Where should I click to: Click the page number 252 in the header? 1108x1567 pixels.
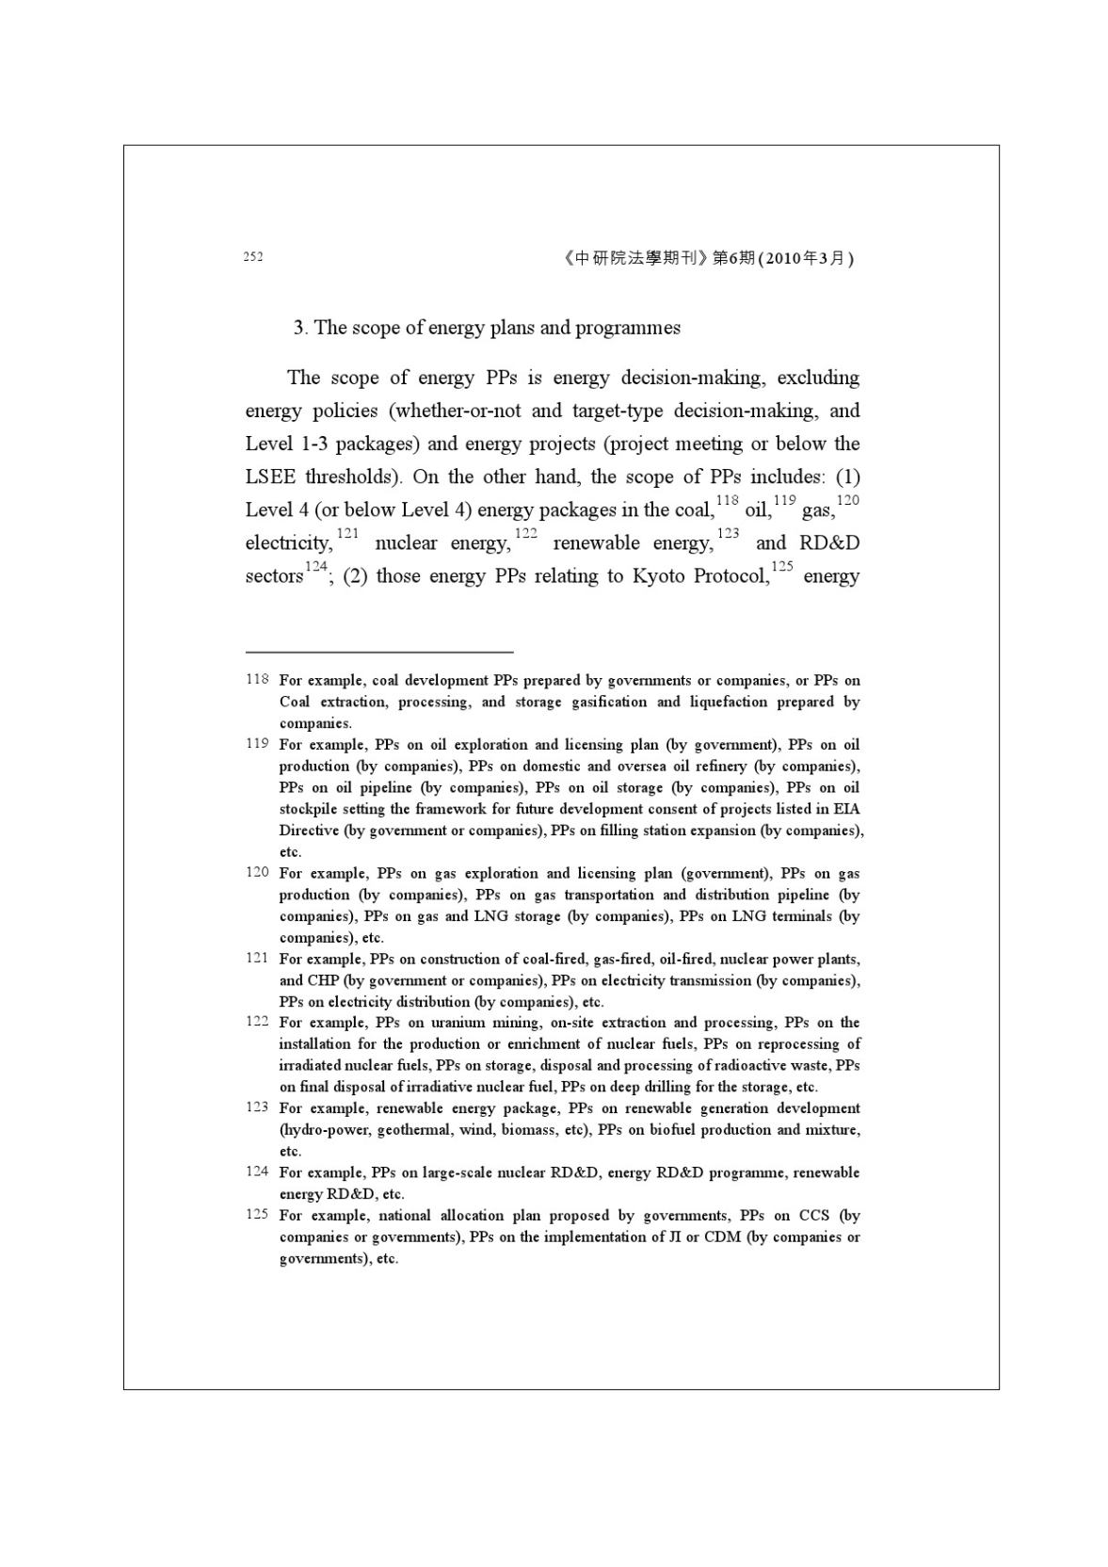coord(253,257)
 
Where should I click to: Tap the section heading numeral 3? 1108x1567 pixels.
coord(298,328)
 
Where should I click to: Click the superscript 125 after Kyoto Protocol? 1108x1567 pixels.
coord(782,567)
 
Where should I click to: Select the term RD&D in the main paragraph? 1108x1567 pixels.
coord(829,543)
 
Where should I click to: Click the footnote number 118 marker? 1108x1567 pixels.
coord(257,679)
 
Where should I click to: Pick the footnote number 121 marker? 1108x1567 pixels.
coord(257,958)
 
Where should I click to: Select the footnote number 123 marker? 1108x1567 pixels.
coord(257,1107)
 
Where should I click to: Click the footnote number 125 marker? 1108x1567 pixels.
coord(257,1215)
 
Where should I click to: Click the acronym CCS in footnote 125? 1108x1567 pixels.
coord(813,1216)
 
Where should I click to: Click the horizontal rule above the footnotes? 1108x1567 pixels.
coord(378,651)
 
